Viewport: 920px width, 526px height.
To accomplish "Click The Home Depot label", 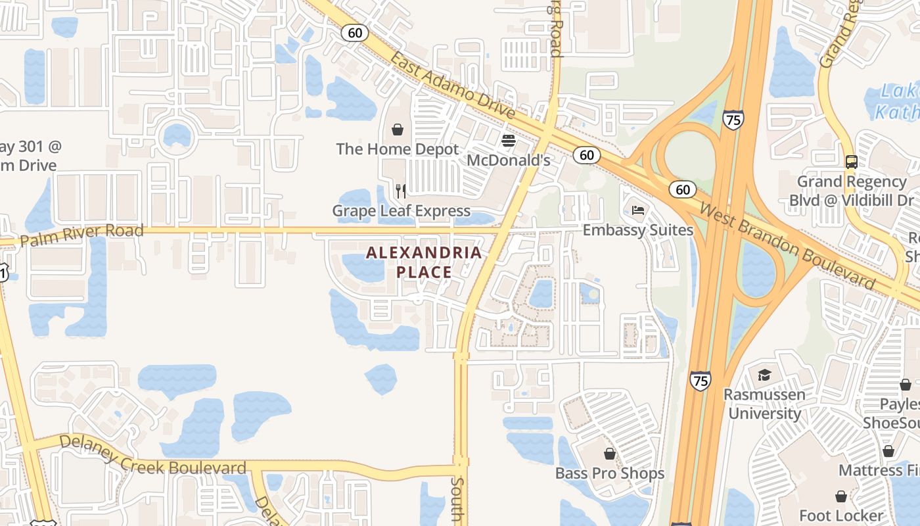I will (x=398, y=149).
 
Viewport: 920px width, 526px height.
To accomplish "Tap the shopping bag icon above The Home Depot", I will (x=398, y=130).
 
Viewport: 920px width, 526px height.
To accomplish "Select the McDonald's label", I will (x=508, y=160).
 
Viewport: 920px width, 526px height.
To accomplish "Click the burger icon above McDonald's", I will (x=508, y=140).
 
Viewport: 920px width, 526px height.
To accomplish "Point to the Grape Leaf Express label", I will (x=401, y=211).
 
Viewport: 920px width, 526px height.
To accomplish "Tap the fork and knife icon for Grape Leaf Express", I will (x=401, y=191).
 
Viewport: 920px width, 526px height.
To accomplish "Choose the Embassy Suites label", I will (x=638, y=230).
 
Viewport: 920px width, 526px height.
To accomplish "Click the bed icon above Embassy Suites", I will (x=638, y=210).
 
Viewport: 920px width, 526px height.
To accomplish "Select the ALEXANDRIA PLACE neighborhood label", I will (x=424, y=262).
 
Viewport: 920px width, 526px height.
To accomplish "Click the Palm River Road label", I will (x=81, y=235).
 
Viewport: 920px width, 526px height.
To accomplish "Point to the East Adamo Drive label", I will (x=453, y=85).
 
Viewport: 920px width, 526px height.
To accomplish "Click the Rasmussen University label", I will (x=764, y=404).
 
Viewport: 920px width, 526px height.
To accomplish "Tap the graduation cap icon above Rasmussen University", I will (x=764, y=375).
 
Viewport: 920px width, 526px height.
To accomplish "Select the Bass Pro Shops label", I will (x=610, y=473).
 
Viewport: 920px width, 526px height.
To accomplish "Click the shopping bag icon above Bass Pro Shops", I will (x=610, y=454).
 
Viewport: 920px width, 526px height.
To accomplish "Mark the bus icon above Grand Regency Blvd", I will (x=852, y=162).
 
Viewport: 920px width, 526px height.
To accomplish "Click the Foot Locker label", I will (x=841, y=515).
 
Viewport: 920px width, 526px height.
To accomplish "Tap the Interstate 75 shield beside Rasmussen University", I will (x=701, y=381).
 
